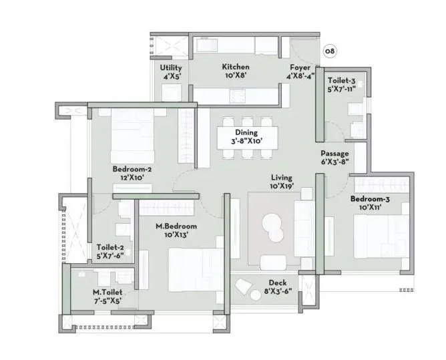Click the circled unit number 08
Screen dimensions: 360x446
[329, 51]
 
